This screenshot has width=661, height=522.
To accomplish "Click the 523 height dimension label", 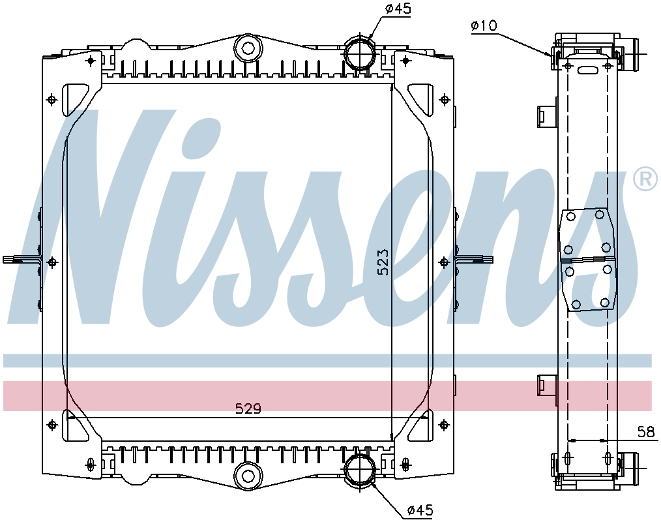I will [383, 262].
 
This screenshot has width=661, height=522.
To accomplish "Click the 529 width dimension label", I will [248, 409].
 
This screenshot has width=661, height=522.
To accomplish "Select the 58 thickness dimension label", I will [645, 431].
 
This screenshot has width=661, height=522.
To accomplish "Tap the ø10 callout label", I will [483, 25].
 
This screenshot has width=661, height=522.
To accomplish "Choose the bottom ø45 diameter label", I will [420, 510].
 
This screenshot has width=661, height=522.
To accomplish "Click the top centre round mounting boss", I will [248, 48].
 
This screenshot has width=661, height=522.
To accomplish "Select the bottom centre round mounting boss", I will [248, 474].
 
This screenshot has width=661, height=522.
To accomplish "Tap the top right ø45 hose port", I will [359, 54].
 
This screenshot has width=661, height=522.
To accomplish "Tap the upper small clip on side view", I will [544, 115].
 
